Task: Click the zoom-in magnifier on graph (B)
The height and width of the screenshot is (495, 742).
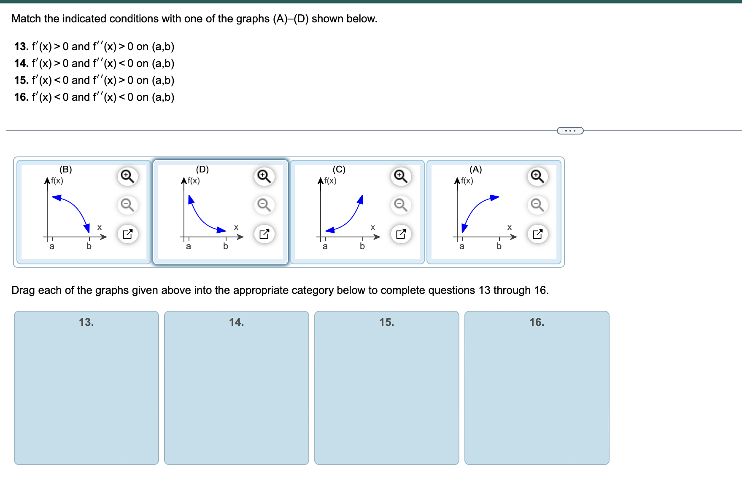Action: [127, 176]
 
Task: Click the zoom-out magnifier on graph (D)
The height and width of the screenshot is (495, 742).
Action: [264, 205]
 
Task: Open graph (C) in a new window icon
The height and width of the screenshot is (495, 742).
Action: [401, 234]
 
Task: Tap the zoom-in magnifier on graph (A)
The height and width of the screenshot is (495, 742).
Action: [537, 176]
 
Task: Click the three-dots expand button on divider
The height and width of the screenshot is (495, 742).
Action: [570, 131]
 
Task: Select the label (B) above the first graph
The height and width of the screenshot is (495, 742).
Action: [65, 169]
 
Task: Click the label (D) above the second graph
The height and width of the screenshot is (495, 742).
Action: [202, 169]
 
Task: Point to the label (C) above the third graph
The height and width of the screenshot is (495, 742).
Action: [339, 169]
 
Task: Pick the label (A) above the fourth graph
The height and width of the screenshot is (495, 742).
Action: [475, 169]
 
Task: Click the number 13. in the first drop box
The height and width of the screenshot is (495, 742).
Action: [86, 322]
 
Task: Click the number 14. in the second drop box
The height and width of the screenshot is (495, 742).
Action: [236, 322]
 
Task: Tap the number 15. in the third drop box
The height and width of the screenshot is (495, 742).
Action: [386, 322]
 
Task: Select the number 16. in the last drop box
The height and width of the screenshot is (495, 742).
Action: [537, 322]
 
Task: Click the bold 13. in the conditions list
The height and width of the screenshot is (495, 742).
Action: [21, 46]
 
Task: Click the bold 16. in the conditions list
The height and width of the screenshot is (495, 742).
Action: [21, 97]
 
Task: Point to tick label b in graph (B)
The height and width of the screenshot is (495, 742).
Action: [89, 246]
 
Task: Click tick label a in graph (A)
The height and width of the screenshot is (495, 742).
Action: [461, 246]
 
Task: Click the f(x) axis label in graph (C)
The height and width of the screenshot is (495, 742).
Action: [330, 181]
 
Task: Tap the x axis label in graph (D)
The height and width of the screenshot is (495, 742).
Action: [236, 227]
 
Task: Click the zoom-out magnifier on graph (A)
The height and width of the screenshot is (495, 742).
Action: [537, 205]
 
